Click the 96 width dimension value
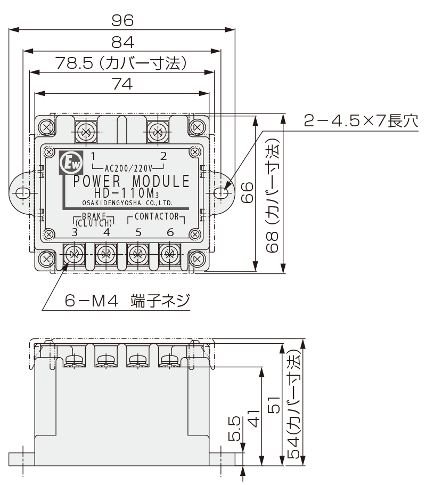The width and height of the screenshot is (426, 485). coord(122,20)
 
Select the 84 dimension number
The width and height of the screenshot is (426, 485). coord(122,42)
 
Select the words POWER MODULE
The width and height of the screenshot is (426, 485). coord(131,181)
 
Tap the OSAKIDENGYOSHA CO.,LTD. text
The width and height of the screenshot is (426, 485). coord(127,203)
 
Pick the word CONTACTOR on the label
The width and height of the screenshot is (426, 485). coord(156,216)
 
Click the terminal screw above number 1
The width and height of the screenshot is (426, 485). coord(85,130)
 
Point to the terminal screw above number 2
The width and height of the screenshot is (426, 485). coord(158,130)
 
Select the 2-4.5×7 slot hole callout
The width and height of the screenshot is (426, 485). coord(361,121)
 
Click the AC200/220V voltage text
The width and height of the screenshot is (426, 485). coord(128,167)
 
